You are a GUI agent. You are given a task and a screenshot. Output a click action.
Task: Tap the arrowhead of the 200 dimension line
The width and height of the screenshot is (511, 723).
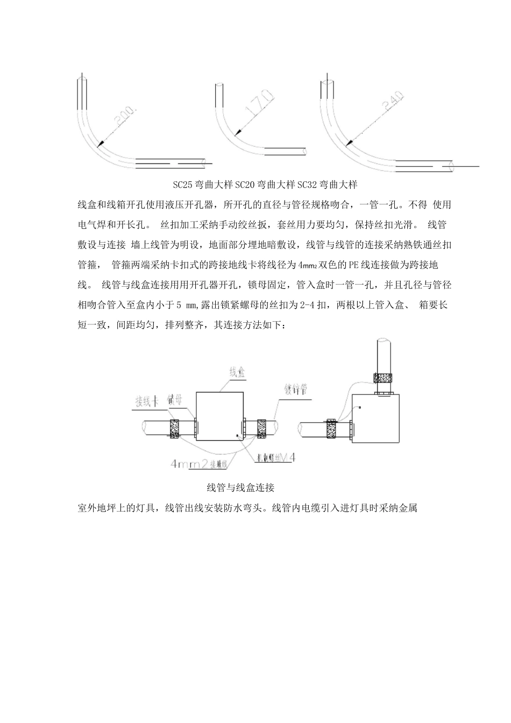point(100,144)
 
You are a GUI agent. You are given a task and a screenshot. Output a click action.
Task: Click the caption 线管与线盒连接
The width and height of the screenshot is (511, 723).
point(240,488)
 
